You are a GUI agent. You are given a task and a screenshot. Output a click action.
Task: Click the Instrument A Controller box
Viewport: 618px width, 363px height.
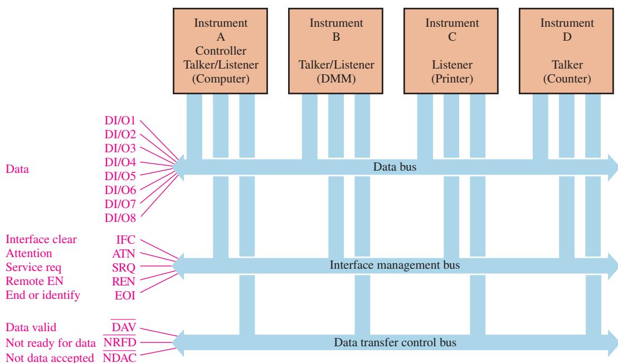tap(220, 51)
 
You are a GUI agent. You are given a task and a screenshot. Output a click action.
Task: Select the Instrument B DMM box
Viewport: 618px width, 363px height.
tap(336, 51)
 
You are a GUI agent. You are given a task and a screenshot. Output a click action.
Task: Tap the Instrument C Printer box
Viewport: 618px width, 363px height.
tap(451, 51)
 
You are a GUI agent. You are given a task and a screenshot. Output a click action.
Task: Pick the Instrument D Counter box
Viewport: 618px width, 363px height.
tap(566, 51)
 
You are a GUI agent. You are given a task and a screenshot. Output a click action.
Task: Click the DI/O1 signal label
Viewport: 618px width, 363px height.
tap(120, 120)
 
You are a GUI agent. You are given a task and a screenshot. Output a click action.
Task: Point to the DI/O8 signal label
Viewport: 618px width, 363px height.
tap(120, 218)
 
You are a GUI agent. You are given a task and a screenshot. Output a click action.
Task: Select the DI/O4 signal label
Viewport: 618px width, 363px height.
tap(120, 162)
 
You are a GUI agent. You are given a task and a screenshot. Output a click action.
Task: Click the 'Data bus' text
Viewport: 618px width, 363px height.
tap(395, 167)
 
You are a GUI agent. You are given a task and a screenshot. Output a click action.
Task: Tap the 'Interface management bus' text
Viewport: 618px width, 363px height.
tap(395, 265)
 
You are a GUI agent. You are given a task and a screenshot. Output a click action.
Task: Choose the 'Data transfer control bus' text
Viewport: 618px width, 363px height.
tap(395, 342)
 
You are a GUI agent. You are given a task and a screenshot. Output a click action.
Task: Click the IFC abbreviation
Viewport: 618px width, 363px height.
tap(126, 240)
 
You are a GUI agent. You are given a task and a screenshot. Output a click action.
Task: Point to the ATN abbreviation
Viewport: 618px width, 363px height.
tap(124, 253)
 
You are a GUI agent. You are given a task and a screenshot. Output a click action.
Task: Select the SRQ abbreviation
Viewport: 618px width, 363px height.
tap(124, 268)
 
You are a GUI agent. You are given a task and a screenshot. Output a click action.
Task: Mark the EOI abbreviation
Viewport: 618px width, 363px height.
tap(125, 295)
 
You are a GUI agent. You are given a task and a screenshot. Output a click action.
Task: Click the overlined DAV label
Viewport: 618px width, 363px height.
tap(123, 327)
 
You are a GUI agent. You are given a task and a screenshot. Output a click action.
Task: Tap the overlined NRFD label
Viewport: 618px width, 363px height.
tap(120, 342)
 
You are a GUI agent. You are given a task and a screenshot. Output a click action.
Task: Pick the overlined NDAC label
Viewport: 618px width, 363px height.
tap(119, 357)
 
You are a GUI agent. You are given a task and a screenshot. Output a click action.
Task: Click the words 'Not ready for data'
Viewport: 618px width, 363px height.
tap(51, 343)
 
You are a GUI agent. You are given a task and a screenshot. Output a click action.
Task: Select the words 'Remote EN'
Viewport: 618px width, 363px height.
tap(35, 281)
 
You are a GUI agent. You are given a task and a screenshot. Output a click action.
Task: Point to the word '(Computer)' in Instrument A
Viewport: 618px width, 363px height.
tap(221, 79)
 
